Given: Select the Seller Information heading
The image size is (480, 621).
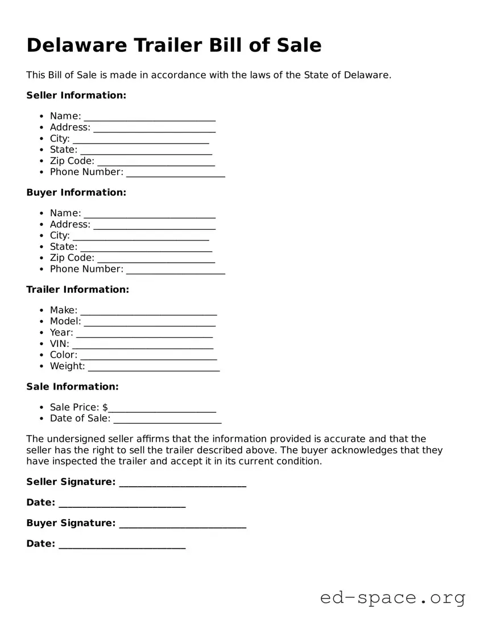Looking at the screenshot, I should tap(76, 96).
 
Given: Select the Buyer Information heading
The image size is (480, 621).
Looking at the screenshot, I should tap(76, 193).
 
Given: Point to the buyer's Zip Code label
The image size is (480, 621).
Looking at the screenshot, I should tap(72, 258).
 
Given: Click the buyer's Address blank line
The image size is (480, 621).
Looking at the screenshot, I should tap(155, 226).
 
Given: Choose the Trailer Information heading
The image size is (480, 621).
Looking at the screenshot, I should tap(78, 289).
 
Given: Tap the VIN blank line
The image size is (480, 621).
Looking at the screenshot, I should tap(143, 345).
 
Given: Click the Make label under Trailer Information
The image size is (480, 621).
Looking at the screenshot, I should tap(63, 310).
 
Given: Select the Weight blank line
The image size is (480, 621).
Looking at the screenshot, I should tap(154, 368).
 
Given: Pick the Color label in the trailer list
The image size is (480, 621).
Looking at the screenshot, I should tap(63, 355).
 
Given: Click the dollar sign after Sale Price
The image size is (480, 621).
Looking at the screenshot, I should tap(105, 407).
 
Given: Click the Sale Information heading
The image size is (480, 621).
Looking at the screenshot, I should tap(72, 387).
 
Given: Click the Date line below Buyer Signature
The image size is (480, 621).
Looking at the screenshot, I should tap(122, 545).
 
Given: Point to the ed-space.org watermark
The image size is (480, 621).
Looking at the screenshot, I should tap(392, 598).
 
